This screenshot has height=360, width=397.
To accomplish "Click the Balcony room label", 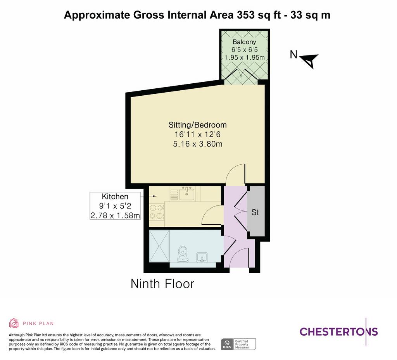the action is (x=244, y=42).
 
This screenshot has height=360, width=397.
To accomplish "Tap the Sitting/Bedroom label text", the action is (x=198, y=125).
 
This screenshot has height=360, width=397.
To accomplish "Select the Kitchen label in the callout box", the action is (x=115, y=196).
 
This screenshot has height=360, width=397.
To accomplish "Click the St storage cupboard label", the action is (x=255, y=212).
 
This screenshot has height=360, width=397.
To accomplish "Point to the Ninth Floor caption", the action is (x=162, y=284).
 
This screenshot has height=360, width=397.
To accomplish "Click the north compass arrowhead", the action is (x=309, y=61).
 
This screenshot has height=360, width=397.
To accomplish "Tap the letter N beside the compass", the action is (x=293, y=54).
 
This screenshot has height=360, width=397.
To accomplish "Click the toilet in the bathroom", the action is (x=183, y=254).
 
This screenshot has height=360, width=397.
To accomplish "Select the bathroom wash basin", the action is (x=202, y=258).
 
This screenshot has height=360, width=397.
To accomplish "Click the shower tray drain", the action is (x=159, y=246).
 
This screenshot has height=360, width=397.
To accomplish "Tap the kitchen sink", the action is (x=187, y=194).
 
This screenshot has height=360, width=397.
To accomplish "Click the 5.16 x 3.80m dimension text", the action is (x=198, y=144).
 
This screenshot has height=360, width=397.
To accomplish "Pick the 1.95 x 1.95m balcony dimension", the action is (x=245, y=57).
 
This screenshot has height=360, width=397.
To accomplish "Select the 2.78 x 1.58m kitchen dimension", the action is (x=115, y=215).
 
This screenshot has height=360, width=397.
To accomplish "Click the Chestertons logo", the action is (x=339, y=331).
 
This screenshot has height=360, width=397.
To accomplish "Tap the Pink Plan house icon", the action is (x=14, y=323).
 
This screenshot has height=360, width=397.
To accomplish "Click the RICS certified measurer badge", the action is (x=238, y=344).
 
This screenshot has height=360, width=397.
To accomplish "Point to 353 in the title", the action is (x=245, y=15).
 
